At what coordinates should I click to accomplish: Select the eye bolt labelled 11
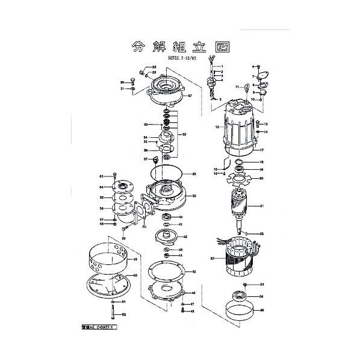(246, 88)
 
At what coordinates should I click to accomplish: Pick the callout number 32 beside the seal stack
(184, 134)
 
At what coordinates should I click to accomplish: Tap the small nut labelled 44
(166, 254)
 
